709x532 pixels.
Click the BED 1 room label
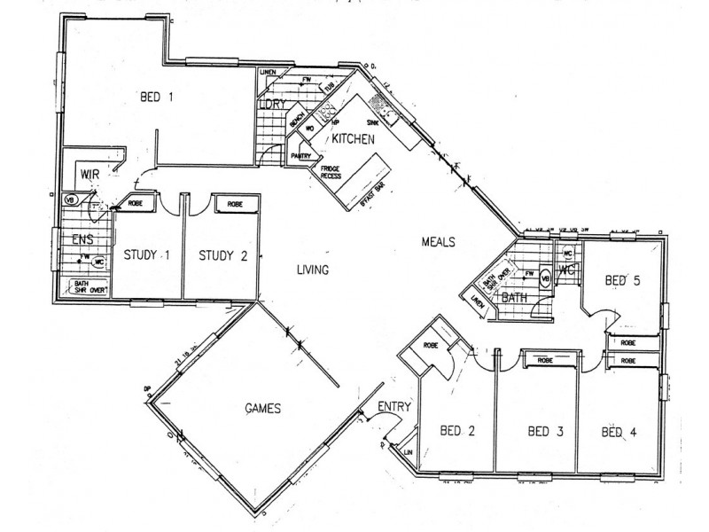(x=156, y=98)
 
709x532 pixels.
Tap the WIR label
(x=88, y=174)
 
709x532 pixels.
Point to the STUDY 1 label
(x=147, y=256)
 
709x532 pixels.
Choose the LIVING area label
(x=313, y=270)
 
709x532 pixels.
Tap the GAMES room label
(x=263, y=409)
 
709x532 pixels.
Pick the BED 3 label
(x=546, y=432)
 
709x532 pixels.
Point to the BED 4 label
(x=619, y=432)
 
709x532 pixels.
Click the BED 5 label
(x=622, y=281)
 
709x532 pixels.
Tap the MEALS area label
(x=438, y=241)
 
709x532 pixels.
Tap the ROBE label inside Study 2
(x=235, y=204)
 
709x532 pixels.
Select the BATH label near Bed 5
(x=514, y=298)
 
